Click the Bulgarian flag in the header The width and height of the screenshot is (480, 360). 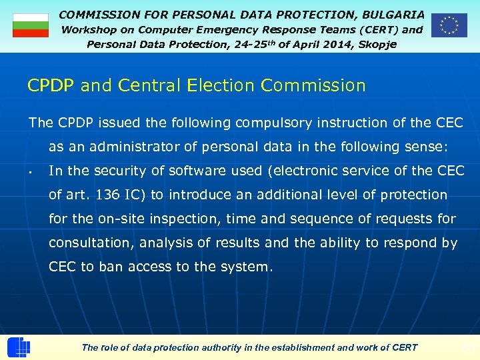tap(31, 25)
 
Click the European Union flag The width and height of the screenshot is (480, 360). tap(449, 25)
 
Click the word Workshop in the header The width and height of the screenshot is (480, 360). tap(88, 29)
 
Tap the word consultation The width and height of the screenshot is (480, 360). tap(90, 243)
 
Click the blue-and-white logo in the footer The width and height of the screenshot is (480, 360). tap(19, 347)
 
